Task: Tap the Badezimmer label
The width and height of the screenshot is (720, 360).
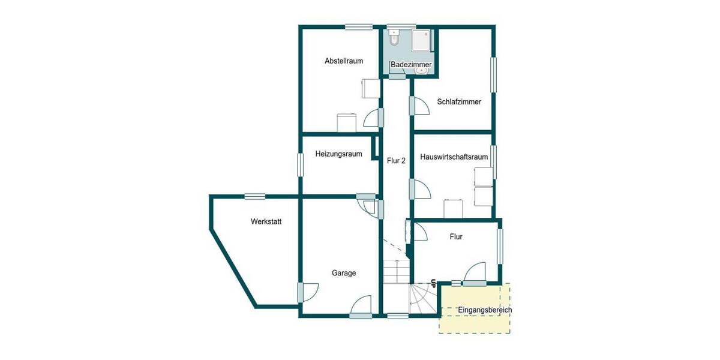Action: click(x=411, y=64)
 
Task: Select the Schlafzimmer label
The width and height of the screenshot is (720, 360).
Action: click(x=459, y=102)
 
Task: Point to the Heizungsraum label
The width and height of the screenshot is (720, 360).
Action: click(x=339, y=154)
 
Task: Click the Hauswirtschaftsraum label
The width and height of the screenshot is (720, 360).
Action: click(x=454, y=157)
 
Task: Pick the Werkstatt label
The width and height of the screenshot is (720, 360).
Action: click(x=266, y=221)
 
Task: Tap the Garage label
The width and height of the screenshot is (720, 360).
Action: click(x=344, y=273)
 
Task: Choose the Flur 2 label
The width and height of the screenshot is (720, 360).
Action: click(x=396, y=161)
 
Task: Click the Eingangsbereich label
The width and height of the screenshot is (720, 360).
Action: click(x=485, y=310)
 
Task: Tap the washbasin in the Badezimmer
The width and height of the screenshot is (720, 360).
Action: click(x=422, y=70)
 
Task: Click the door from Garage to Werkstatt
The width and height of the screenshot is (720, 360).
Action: click(x=310, y=292)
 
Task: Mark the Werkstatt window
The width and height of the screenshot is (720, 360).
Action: click(x=255, y=196)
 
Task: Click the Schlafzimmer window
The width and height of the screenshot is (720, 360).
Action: click(x=494, y=75)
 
